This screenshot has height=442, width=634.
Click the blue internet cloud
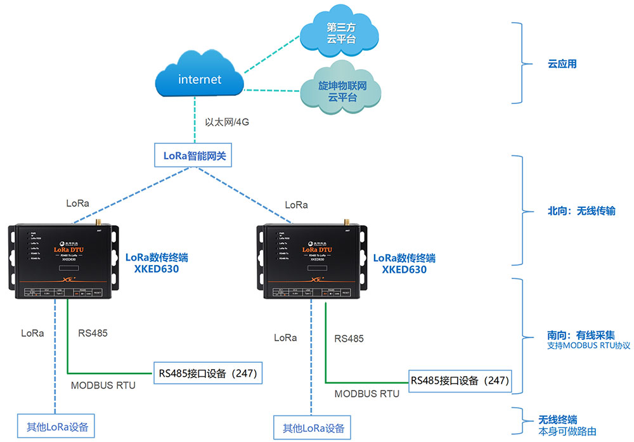point(199,79)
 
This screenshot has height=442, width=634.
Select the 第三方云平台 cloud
point(340,34)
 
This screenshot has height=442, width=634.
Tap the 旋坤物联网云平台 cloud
point(342,90)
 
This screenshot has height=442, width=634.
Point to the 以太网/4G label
point(227,122)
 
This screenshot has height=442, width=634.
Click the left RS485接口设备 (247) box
point(207,373)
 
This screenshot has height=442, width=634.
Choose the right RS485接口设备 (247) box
point(459,380)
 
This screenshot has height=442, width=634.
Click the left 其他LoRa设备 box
point(56,425)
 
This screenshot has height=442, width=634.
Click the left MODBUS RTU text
point(103,385)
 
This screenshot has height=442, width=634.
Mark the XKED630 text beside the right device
point(404,270)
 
